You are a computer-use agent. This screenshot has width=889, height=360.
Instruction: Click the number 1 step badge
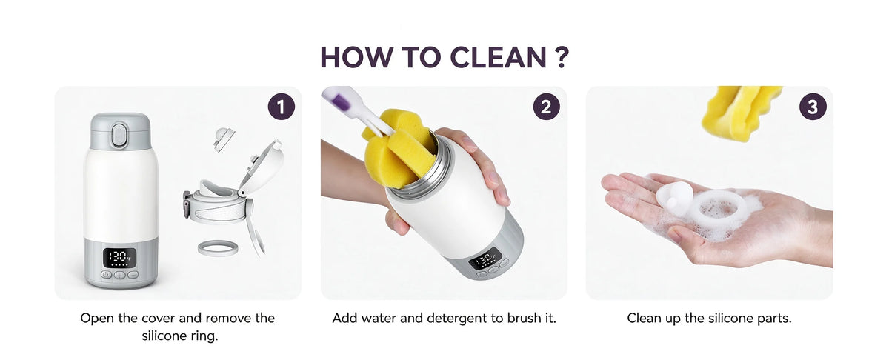(x=282, y=107)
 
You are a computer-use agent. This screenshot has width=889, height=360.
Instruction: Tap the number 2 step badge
(x=546, y=107)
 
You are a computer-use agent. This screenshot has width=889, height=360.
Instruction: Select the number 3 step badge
(x=813, y=107)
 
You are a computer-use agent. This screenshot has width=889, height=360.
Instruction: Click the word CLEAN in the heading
(x=499, y=57)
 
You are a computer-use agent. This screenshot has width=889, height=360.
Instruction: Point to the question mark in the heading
(x=562, y=57)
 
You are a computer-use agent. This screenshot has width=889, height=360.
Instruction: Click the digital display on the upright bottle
(x=119, y=258)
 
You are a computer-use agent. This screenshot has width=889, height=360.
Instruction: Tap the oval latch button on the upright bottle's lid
(x=119, y=136)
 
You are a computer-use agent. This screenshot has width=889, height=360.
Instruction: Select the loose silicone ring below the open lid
(x=218, y=248)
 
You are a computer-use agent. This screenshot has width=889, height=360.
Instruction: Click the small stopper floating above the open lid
(x=224, y=139)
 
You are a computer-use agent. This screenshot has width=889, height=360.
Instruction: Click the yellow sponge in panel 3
(x=740, y=113)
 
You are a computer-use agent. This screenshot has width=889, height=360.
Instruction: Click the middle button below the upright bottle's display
(x=119, y=275)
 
